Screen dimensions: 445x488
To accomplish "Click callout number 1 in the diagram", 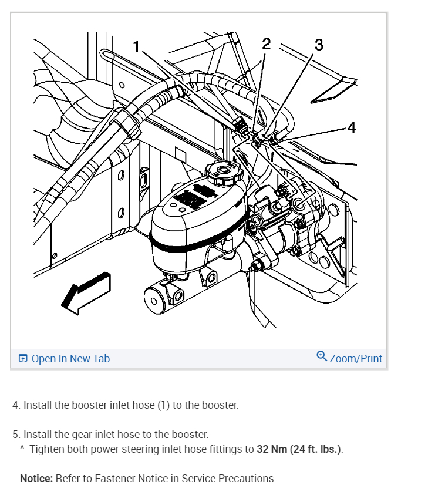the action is click(137, 47).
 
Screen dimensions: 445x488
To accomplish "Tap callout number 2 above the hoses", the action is click(267, 43).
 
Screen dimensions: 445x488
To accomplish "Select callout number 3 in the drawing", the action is click(319, 45).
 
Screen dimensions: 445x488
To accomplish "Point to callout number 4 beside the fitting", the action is click(351, 127).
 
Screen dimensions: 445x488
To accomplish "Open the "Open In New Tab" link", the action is click(70, 359).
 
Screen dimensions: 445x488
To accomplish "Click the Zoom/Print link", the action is click(356, 358).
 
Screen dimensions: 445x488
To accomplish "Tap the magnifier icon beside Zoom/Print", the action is click(321, 356).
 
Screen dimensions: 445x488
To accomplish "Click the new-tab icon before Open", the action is click(23, 359).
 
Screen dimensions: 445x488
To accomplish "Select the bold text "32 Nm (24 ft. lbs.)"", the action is click(299, 450).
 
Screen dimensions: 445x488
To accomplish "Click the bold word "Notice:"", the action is click(36, 478).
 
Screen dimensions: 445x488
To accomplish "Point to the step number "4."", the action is click(16, 405).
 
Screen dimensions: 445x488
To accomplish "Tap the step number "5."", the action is click(16, 435).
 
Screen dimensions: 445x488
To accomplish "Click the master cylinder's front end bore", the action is click(154, 302).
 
